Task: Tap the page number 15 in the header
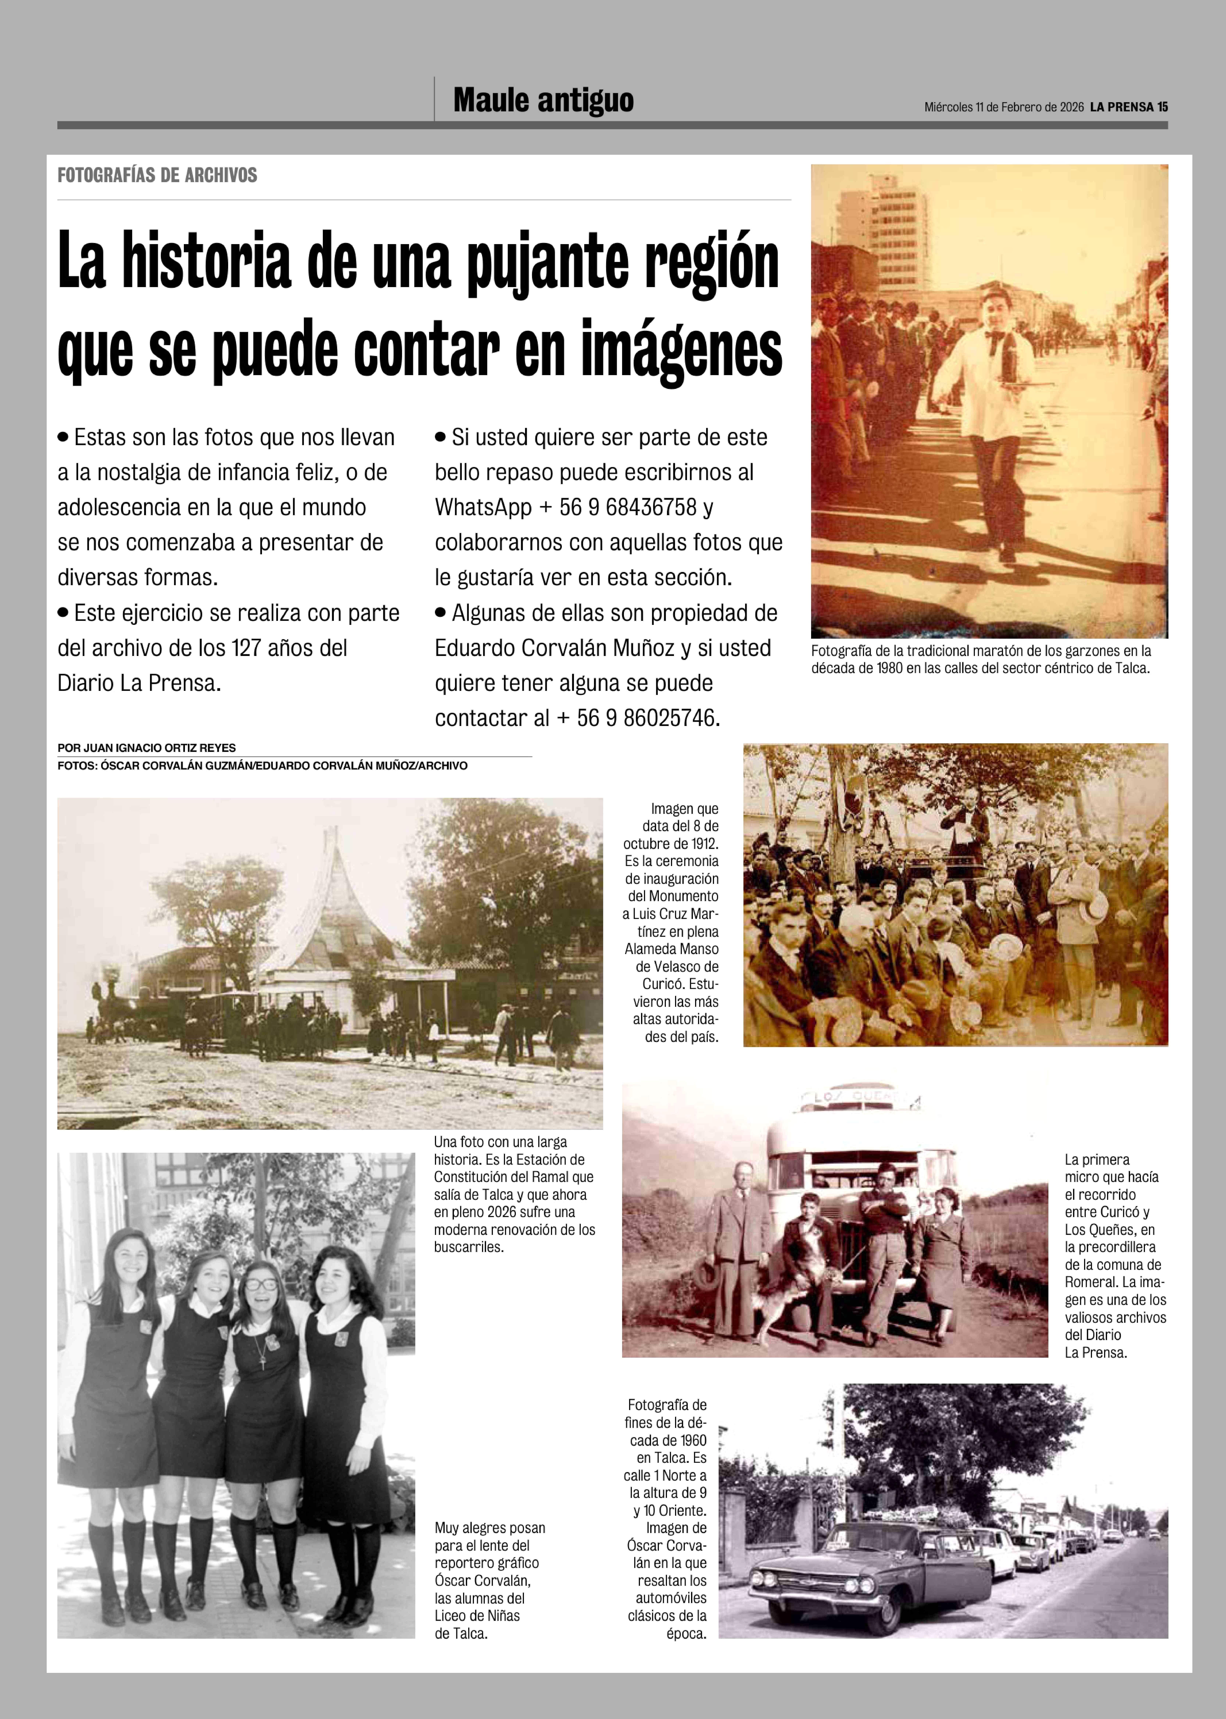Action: coord(1163,107)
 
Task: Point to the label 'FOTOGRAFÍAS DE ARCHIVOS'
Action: coord(157,175)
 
